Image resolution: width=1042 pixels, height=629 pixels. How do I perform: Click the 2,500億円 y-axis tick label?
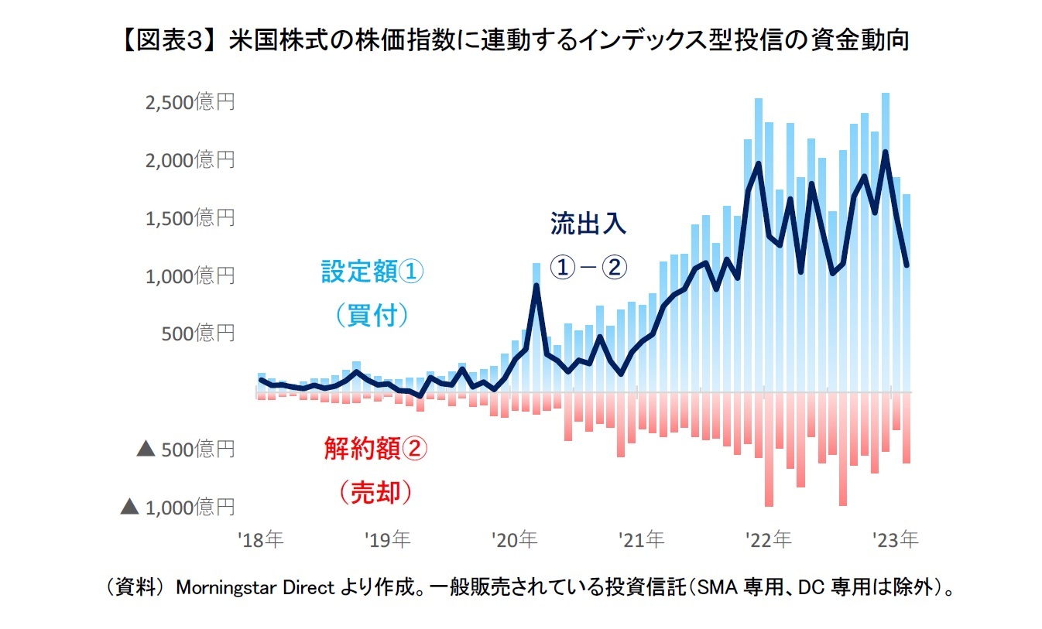click(190, 103)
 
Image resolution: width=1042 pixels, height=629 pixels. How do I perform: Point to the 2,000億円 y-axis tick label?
click(190, 160)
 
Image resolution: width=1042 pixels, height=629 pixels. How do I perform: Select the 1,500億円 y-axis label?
click(190, 218)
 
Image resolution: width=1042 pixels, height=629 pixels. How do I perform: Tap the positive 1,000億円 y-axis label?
click(190, 276)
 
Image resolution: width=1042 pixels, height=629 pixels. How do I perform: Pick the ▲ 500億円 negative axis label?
click(185, 450)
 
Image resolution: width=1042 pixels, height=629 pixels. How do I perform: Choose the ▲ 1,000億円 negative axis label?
click(177, 508)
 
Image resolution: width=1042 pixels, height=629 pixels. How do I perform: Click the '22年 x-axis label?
click(769, 540)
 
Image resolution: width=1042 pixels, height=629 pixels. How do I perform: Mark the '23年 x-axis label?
click(896, 540)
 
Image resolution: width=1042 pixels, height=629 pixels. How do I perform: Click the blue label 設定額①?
click(372, 272)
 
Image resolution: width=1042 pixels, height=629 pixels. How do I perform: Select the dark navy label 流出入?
click(588, 224)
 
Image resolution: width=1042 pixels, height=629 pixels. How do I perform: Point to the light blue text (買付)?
click(372, 315)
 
